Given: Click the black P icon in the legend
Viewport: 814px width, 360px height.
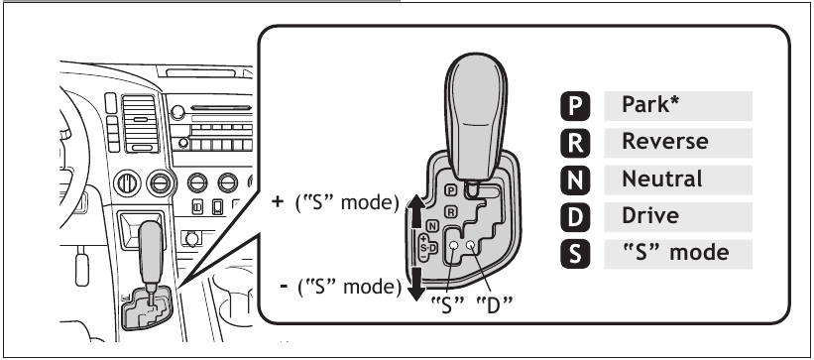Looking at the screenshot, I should tap(576, 105).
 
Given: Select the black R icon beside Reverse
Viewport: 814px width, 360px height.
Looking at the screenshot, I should tap(576, 142).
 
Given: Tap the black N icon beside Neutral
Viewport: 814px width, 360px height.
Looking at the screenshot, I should tap(576, 180).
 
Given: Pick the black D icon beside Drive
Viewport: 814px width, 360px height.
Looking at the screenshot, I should tap(576, 216).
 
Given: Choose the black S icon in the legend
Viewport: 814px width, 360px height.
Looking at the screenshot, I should tap(576, 253).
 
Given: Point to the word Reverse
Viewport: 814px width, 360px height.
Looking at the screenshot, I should tap(664, 141).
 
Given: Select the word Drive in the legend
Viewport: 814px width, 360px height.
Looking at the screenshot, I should tap(649, 215).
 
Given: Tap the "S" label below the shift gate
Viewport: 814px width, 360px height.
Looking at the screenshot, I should tap(446, 303).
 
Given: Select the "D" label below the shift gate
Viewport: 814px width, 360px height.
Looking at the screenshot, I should tap(492, 303).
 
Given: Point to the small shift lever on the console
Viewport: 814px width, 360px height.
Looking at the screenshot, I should tap(150, 253).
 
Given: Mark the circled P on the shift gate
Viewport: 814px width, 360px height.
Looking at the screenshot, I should tap(451, 189).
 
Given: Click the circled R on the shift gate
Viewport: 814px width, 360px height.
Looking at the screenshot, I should tap(451, 211).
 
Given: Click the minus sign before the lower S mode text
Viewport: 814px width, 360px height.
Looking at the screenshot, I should tap(285, 287).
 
